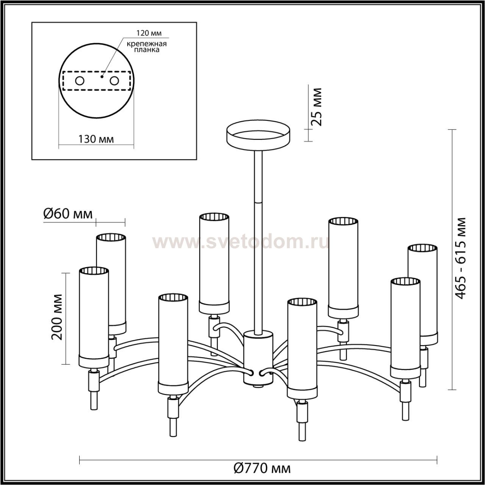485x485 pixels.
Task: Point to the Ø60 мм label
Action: click(x=68, y=214)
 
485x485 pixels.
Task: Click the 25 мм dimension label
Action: click(x=316, y=107)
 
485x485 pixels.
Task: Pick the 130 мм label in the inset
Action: click(x=96, y=139)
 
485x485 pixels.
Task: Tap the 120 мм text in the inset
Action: click(x=149, y=33)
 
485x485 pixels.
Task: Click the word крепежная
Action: click(x=147, y=44)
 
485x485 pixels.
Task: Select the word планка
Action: click(x=147, y=50)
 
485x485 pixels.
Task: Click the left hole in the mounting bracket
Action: click(x=80, y=81)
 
